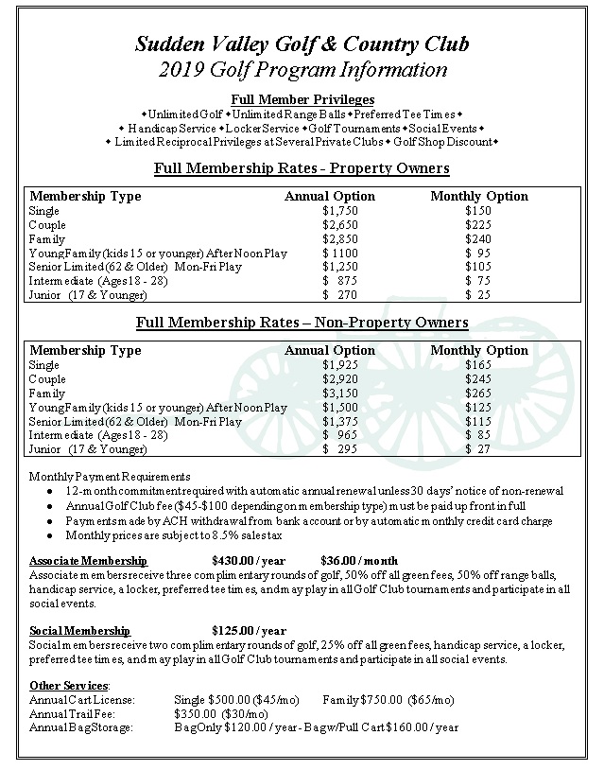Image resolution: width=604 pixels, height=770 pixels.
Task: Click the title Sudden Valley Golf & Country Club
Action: tap(301, 44)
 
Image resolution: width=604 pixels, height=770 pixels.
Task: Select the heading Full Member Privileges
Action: tap(302, 99)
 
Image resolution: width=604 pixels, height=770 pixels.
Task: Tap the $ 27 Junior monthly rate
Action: tap(479, 448)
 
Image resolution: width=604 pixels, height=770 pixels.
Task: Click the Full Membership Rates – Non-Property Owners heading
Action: tap(302, 323)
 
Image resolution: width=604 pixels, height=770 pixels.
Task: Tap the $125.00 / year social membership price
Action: tap(249, 631)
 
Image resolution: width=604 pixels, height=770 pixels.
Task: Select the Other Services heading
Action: tap(70, 685)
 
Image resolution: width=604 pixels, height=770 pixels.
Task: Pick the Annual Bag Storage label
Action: tap(80, 727)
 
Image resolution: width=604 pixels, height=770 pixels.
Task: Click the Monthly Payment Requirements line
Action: tap(110, 477)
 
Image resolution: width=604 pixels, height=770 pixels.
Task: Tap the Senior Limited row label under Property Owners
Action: tap(135, 268)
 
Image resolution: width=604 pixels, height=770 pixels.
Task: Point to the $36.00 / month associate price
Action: tap(358, 560)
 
